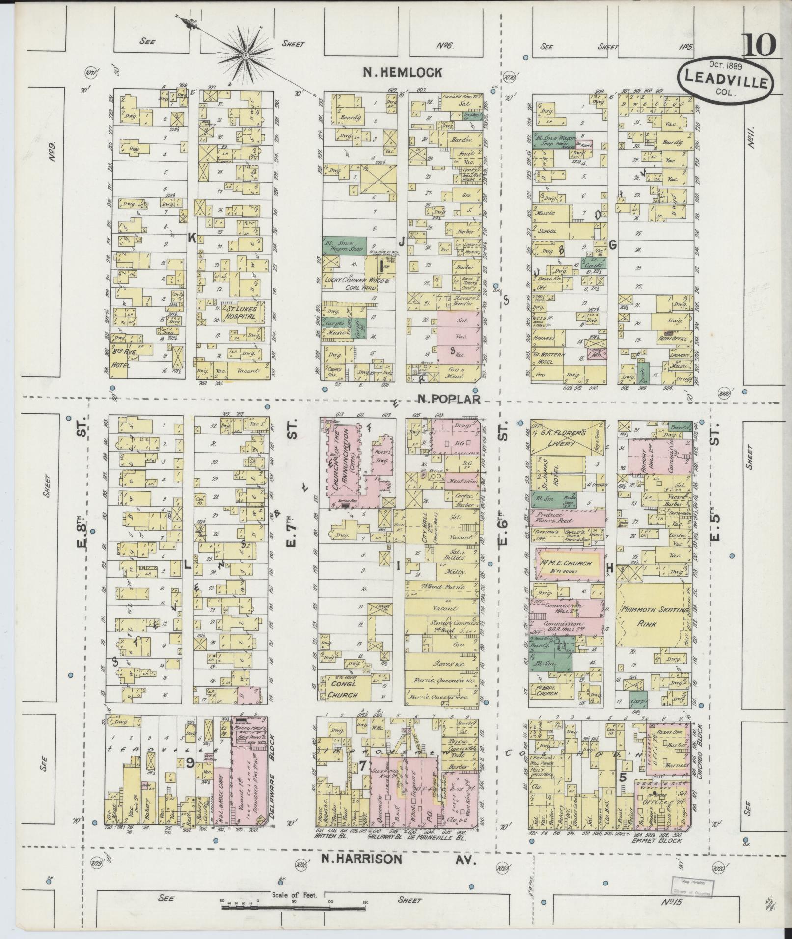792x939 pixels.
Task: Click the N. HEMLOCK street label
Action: click(402, 72)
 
